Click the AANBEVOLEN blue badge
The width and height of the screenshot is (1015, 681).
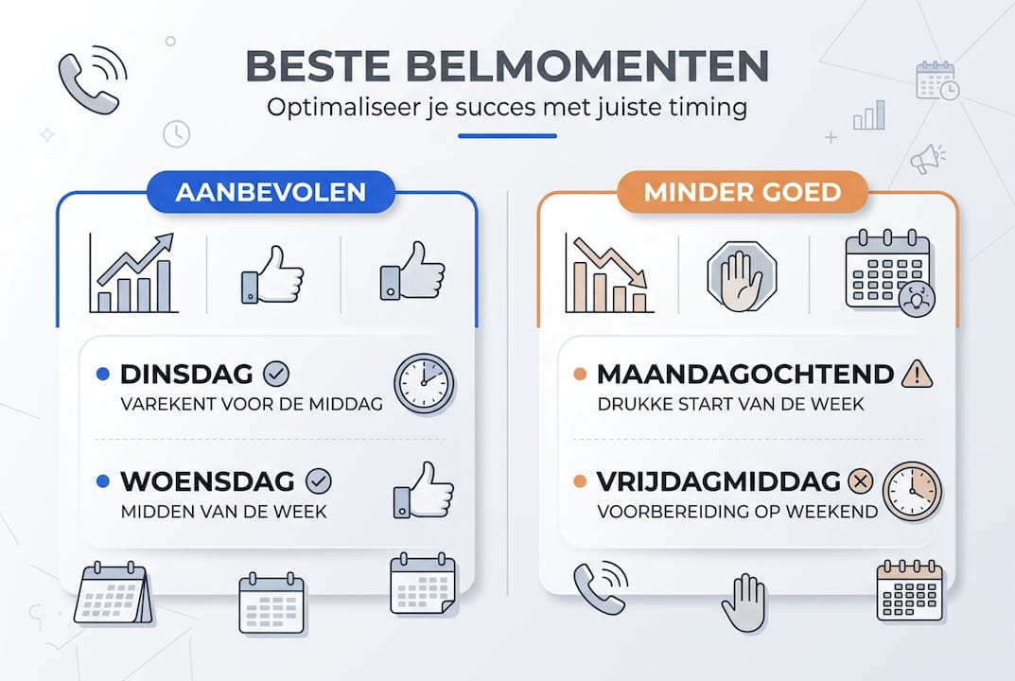(271, 193)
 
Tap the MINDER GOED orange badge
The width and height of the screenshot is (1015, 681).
(742, 193)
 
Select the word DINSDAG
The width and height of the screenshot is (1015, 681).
(186, 375)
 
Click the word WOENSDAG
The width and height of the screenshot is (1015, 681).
(207, 481)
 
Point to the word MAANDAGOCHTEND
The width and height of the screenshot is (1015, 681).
(745, 374)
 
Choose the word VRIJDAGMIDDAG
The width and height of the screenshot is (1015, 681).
(719, 481)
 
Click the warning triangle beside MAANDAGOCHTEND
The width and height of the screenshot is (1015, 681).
(917, 374)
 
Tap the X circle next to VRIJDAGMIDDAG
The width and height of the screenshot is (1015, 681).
(861, 482)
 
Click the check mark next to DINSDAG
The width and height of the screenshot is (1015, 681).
(276, 375)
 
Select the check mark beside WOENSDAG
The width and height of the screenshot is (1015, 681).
(319, 482)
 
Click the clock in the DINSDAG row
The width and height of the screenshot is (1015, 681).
(423, 383)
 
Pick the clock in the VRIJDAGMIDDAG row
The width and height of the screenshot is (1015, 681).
(912, 491)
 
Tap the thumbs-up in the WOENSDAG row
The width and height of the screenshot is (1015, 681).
(424, 490)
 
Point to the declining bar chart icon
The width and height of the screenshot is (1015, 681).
(610, 273)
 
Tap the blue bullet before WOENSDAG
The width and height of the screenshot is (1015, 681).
(102, 482)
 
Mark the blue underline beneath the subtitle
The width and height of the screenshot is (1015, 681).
(507, 136)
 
